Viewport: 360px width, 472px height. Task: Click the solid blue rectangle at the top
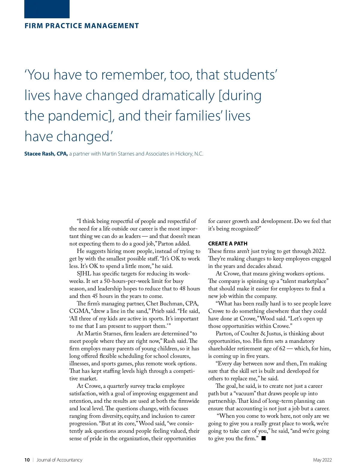(x=47, y=9)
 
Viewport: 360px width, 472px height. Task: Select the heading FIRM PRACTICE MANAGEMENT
(x=82, y=26)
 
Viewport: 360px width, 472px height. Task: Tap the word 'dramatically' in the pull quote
(x=178, y=95)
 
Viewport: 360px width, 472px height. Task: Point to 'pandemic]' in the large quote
(x=81, y=116)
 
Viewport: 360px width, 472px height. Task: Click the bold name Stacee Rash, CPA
(x=46, y=154)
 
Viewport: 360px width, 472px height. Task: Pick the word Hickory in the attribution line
(x=184, y=154)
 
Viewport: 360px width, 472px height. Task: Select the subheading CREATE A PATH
(x=228, y=244)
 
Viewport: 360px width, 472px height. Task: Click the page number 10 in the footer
(x=27, y=460)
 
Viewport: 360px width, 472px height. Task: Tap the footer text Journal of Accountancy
(x=59, y=460)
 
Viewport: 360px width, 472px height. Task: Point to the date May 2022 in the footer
(x=322, y=460)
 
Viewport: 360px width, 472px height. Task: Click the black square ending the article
(x=263, y=438)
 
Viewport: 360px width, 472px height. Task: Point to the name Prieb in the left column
(x=158, y=311)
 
